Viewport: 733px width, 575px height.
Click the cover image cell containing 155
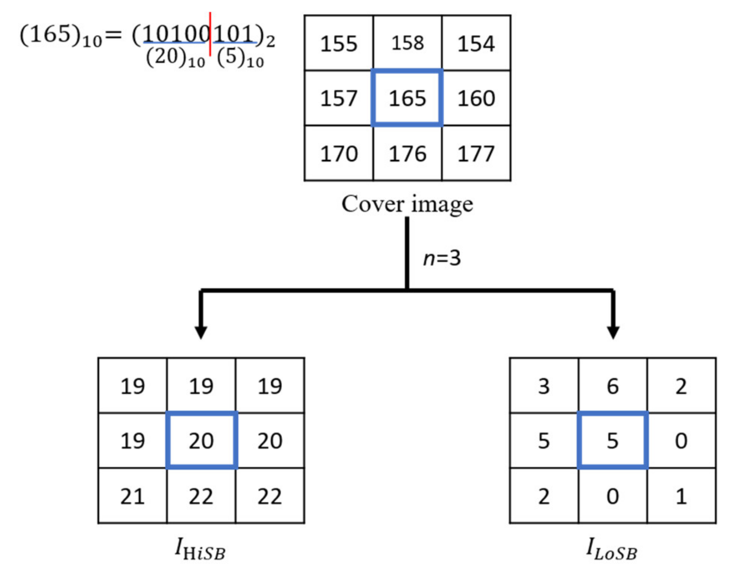339,43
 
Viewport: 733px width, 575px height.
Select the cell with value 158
407,43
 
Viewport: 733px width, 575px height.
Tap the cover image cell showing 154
476,43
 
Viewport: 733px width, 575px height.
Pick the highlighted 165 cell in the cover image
407,98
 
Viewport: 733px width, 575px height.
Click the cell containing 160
476,98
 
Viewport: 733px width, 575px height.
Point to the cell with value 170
339,154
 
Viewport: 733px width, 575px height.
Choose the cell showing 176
407,154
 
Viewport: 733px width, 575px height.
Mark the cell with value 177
476,154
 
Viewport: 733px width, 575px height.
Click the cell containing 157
339,98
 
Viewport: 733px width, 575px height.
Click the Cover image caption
407,204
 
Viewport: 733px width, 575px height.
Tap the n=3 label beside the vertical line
442,258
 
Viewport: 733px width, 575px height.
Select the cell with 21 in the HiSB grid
132,496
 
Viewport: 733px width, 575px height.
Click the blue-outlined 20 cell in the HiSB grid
201,440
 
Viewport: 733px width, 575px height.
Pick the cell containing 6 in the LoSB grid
612,386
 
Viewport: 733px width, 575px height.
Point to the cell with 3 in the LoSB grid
544,386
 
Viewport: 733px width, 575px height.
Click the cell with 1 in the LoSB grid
681,496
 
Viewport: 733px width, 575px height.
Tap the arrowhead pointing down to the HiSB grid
201,332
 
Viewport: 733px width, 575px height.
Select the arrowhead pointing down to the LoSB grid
613,332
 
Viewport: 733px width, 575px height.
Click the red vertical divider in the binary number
210,34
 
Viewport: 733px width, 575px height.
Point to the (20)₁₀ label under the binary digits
175,58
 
